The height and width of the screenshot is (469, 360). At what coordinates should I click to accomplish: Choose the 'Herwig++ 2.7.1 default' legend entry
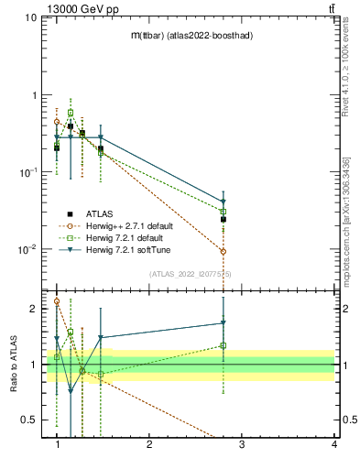(122, 224)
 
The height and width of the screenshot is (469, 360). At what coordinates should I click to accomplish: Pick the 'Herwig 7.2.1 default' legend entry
(117, 236)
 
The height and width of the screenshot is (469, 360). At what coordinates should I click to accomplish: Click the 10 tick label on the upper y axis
(29, 18)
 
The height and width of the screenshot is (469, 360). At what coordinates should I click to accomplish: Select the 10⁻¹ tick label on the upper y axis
(27, 172)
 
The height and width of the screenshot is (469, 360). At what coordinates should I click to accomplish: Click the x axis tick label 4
(333, 444)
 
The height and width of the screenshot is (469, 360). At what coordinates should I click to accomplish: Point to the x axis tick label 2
(149, 444)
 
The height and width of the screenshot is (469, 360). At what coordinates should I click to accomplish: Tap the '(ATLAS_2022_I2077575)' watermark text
(190, 274)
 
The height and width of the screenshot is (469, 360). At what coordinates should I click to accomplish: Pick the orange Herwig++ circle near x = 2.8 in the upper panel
(224, 251)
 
